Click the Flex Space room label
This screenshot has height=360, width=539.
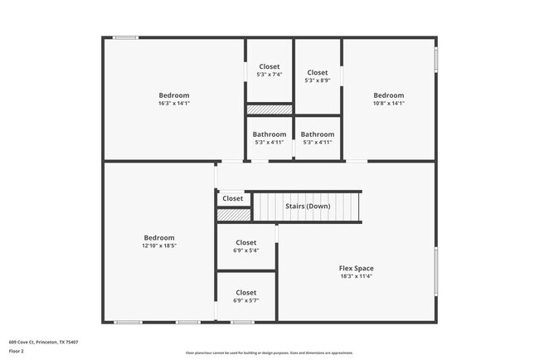[356, 268]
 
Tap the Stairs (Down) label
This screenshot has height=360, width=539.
[307, 206]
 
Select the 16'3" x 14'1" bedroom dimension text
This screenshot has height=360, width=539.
[174, 104]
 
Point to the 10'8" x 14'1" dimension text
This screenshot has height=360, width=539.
[388, 104]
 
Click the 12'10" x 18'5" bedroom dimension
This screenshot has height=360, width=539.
[159, 246]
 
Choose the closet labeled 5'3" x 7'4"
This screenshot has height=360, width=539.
[269, 75]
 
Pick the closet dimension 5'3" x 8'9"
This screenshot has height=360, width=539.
[318, 80]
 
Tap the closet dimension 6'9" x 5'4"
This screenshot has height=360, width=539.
[246, 251]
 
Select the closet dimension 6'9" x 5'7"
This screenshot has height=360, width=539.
[246, 300]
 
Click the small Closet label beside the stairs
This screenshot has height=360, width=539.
[233, 198]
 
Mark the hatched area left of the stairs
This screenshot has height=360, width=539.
[233, 215]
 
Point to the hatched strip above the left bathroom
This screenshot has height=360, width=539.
[269, 109]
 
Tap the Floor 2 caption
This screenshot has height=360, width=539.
[17, 350]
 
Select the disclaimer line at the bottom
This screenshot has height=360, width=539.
[269, 353]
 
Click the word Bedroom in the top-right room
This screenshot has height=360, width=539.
[388, 95]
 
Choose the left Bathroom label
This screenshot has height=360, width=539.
[269, 134]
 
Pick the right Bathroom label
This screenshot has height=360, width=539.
[318, 134]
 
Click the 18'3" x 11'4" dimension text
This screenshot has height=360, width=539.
[356, 276]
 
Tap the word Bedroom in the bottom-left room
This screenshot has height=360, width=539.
[159, 237]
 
